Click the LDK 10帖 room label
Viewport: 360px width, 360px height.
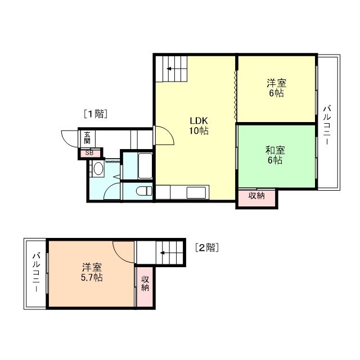199,125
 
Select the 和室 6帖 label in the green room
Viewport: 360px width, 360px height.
274,155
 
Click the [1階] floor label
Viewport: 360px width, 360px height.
95,114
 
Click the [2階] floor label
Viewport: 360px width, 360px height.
206,247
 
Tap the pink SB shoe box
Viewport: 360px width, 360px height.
90,152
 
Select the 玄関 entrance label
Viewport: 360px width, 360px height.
88,138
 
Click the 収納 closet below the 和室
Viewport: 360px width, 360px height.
256,196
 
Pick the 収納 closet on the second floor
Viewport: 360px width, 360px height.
145,283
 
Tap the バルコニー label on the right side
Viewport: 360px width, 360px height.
326,125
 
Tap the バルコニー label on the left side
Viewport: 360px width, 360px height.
35,273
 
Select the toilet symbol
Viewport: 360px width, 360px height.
145,191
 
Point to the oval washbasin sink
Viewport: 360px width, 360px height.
98,168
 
